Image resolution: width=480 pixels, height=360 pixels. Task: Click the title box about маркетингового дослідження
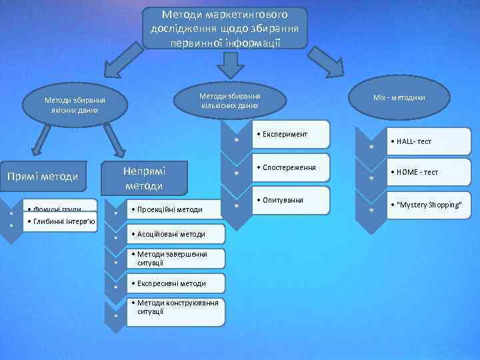click(x=225, y=28)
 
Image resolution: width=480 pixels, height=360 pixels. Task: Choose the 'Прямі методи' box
click(x=43, y=176)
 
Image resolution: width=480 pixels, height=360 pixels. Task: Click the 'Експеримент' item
click(x=290, y=135)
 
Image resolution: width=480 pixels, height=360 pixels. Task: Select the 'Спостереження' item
click(x=290, y=167)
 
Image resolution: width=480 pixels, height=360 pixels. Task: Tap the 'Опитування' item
click(x=290, y=200)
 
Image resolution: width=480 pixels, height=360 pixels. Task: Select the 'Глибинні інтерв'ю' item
click(x=60, y=222)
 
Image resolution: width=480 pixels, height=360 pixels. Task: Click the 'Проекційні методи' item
click(x=175, y=209)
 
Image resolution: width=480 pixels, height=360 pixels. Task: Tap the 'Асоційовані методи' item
click(x=175, y=235)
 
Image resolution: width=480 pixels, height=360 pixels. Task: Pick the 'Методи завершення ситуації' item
click(x=175, y=259)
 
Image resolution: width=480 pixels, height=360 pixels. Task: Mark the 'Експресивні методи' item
click(x=175, y=283)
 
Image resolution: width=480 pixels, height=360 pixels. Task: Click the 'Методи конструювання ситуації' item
click(x=175, y=308)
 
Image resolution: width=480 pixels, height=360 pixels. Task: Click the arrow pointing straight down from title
click(x=230, y=64)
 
